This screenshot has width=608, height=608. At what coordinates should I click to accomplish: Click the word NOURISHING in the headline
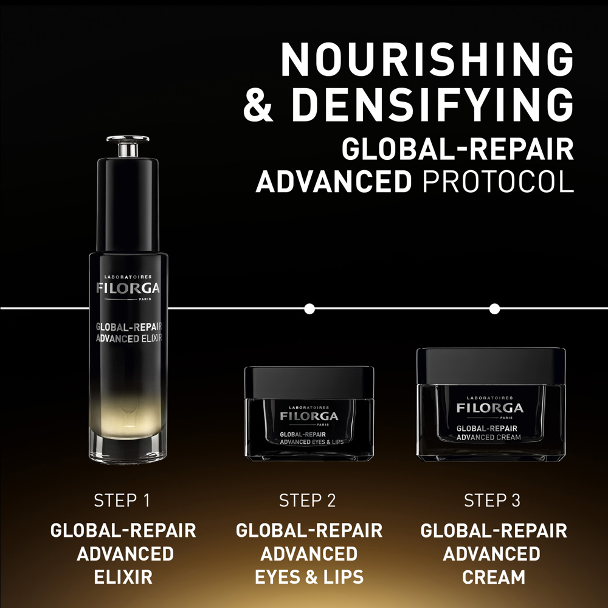(x=427, y=60)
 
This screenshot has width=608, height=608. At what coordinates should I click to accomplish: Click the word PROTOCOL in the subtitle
(x=498, y=182)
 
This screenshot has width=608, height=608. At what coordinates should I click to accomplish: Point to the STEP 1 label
(x=122, y=501)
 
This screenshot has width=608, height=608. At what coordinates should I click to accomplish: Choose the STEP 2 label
(x=308, y=501)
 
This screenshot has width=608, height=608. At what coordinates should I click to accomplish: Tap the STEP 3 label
(x=492, y=501)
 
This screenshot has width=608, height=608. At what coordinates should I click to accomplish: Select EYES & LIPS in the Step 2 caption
(x=308, y=576)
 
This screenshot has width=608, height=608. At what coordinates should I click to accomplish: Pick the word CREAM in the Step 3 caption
(x=492, y=576)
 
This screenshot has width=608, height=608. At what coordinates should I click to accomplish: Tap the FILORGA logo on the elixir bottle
(x=128, y=288)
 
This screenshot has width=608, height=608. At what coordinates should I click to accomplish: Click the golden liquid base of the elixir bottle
(x=128, y=426)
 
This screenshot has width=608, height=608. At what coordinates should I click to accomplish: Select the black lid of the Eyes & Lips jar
(x=309, y=379)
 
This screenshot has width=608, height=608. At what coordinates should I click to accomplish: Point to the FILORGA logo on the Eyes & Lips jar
(x=309, y=416)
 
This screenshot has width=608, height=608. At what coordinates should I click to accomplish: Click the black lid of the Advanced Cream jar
(x=491, y=365)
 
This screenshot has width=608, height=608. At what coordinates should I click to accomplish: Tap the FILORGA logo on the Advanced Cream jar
(x=490, y=407)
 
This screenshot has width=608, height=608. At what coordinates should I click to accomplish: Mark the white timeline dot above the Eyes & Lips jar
(x=309, y=309)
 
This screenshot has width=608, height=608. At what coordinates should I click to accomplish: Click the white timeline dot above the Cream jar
(x=494, y=309)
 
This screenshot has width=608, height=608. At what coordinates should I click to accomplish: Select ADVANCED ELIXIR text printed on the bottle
(x=129, y=338)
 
